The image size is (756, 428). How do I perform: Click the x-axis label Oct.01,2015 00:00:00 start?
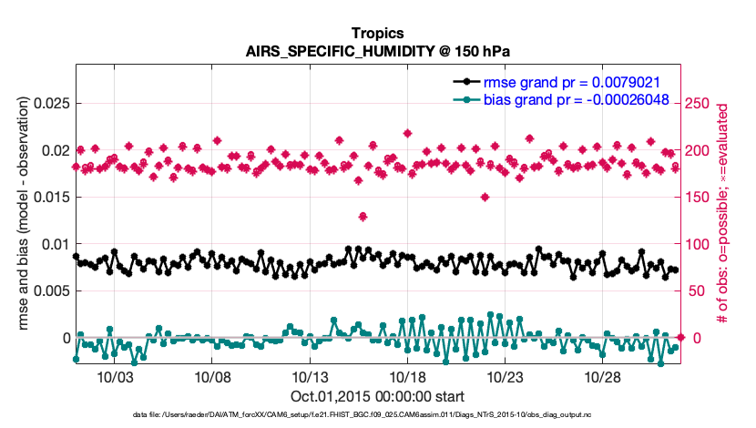[x=377, y=396]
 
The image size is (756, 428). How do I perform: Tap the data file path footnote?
[x=377, y=415]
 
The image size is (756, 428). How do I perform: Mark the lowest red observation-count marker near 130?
[x=363, y=216]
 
